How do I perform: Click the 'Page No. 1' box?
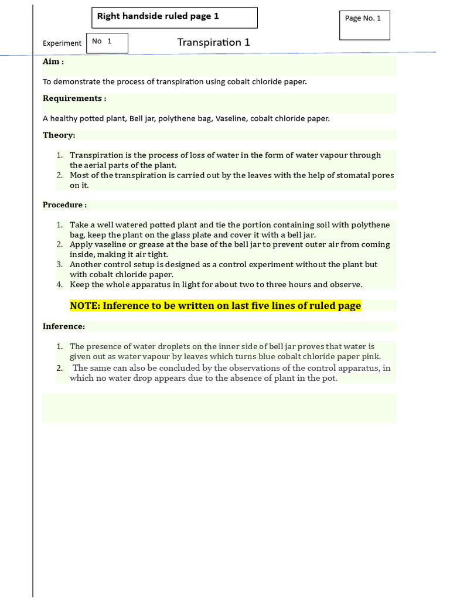[x=364, y=25]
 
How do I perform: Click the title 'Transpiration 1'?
[x=214, y=42]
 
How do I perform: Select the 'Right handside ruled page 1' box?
[x=175, y=18]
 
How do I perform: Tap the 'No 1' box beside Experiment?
[x=107, y=43]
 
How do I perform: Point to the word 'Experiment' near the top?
[x=62, y=43]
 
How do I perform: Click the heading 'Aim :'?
[x=53, y=62]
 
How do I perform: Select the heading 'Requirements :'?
[x=74, y=98]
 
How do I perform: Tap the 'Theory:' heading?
[x=59, y=135]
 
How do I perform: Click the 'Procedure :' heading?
[x=64, y=204]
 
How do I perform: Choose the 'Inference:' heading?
[x=64, y=326]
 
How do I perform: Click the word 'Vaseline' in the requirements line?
[x=231, y=118]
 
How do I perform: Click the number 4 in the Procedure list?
[x=59, y=285]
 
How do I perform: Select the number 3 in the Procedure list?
[x=59, y=265]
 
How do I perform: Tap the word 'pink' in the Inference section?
[x=371, y=356]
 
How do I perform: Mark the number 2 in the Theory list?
[x=59, y=175]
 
